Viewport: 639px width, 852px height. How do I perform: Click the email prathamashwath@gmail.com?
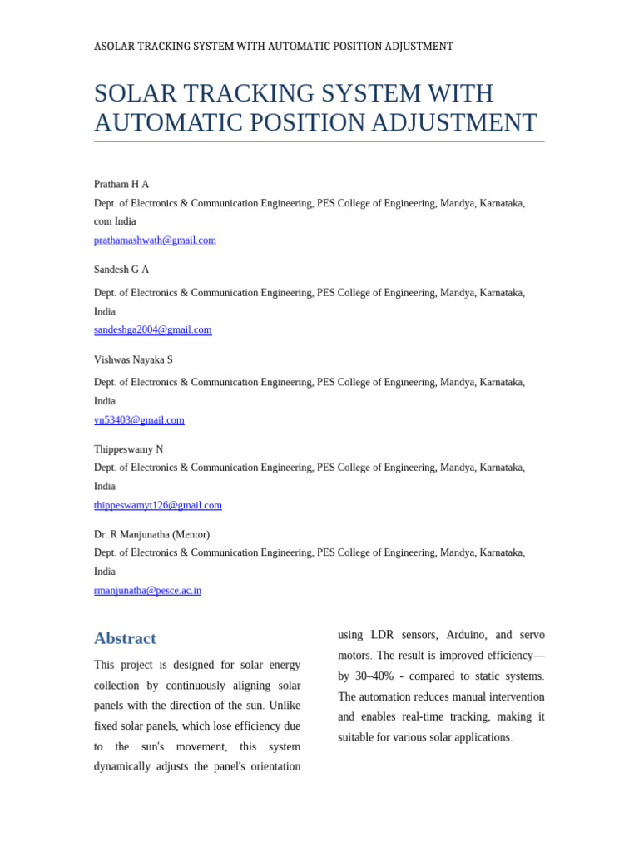[x=155, y=240]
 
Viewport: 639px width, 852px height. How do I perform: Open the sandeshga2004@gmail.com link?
[x=152, y=330]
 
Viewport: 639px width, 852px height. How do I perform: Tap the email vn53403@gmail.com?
[x=139, y=420]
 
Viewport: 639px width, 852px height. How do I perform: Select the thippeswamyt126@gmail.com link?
[x=157, y=505]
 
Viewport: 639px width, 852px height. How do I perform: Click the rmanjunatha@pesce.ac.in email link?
[x=147, y=591]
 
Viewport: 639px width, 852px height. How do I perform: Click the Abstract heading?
[x=125, y=638]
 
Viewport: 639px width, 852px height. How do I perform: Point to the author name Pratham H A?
[x=121, y=185]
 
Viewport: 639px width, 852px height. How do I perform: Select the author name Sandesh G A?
[x=121, y=270]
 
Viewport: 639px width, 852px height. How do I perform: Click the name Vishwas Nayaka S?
[x=133, y=360]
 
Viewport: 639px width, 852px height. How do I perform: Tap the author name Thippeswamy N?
[x=128, y=449]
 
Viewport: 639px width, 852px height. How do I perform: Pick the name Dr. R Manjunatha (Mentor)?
[x=151, y=534]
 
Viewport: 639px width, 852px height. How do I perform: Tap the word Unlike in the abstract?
[x=285, y=706]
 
